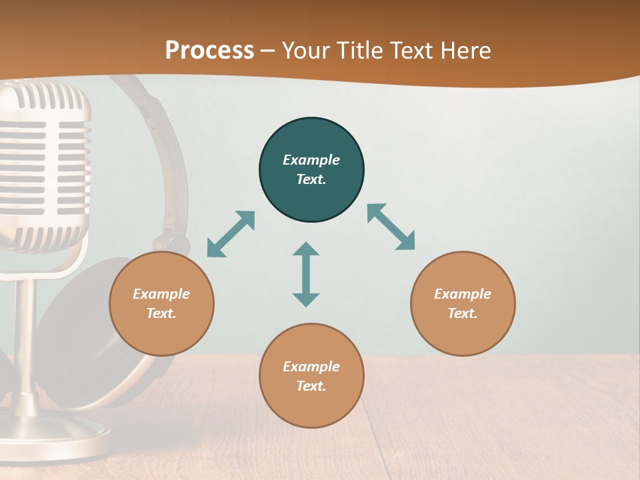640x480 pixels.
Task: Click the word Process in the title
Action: [x=209, y=51]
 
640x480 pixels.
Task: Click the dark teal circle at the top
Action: [x=311, y=140]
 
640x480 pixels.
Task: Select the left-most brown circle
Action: [x=161, y=333]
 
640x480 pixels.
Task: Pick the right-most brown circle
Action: [x=463, y=333]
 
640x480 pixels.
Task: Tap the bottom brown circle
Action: [x=311, y=407]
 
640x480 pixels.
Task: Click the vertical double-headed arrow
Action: [x=306, y=274]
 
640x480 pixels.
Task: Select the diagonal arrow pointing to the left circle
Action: [x=231, y=234]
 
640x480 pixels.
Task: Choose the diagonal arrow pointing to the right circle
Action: [x=391, y=227]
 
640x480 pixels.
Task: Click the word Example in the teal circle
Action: [x=311, y=160]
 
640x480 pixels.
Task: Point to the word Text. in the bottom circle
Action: [x=311, y=386]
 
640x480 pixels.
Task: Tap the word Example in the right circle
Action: [x=463, y=294]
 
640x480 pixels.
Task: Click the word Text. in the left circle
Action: [x=161, y=313]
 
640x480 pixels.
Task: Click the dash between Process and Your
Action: [x=268, y=51]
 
